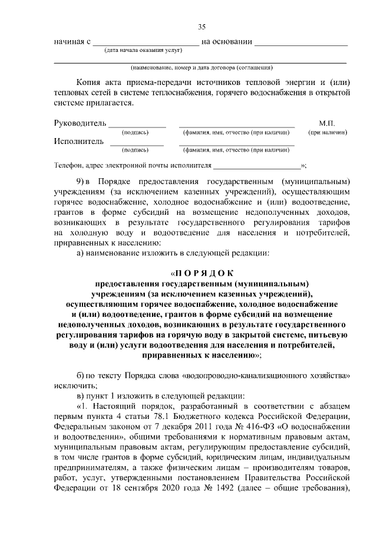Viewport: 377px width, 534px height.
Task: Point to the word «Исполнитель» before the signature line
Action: (78, 141)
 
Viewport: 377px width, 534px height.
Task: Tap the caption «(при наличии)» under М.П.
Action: (328, 133)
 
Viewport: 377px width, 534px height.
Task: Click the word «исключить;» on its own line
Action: (73, 384)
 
